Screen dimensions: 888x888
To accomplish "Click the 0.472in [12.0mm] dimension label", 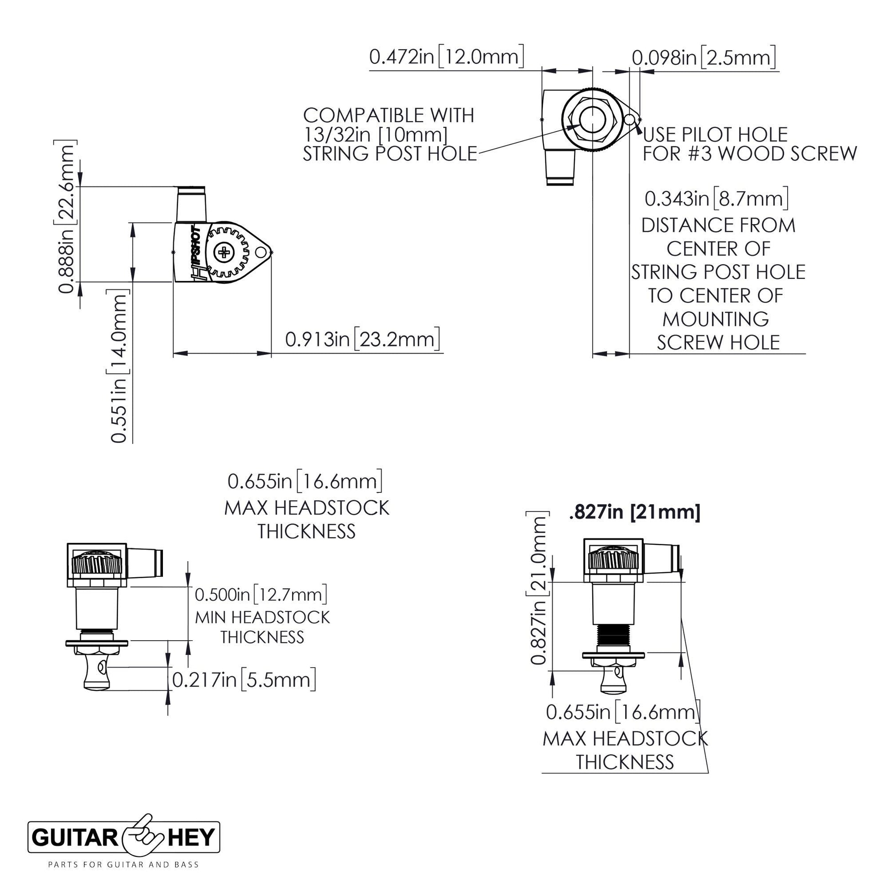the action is pos(446,57).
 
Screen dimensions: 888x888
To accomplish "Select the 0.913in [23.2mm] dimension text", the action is pos(363,339).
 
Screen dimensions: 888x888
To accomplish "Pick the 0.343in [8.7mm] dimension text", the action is pos(716,198).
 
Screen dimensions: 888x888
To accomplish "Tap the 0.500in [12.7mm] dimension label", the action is pos(261,594).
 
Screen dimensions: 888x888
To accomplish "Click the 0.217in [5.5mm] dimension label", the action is pos(244,680).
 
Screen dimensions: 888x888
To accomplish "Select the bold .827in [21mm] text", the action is pos(634,512).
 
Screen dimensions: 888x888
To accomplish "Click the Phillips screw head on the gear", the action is pos(225,252).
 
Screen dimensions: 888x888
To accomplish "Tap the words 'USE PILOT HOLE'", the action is pos(715,135).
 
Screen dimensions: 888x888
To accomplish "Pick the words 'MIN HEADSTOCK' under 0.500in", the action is pos(262,617).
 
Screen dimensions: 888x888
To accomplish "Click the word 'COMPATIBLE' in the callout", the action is pos(388,115).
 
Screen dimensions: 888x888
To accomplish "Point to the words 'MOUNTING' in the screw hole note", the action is pos(716,319).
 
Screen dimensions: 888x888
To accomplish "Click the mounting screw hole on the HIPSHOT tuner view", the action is pos(261,252).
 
